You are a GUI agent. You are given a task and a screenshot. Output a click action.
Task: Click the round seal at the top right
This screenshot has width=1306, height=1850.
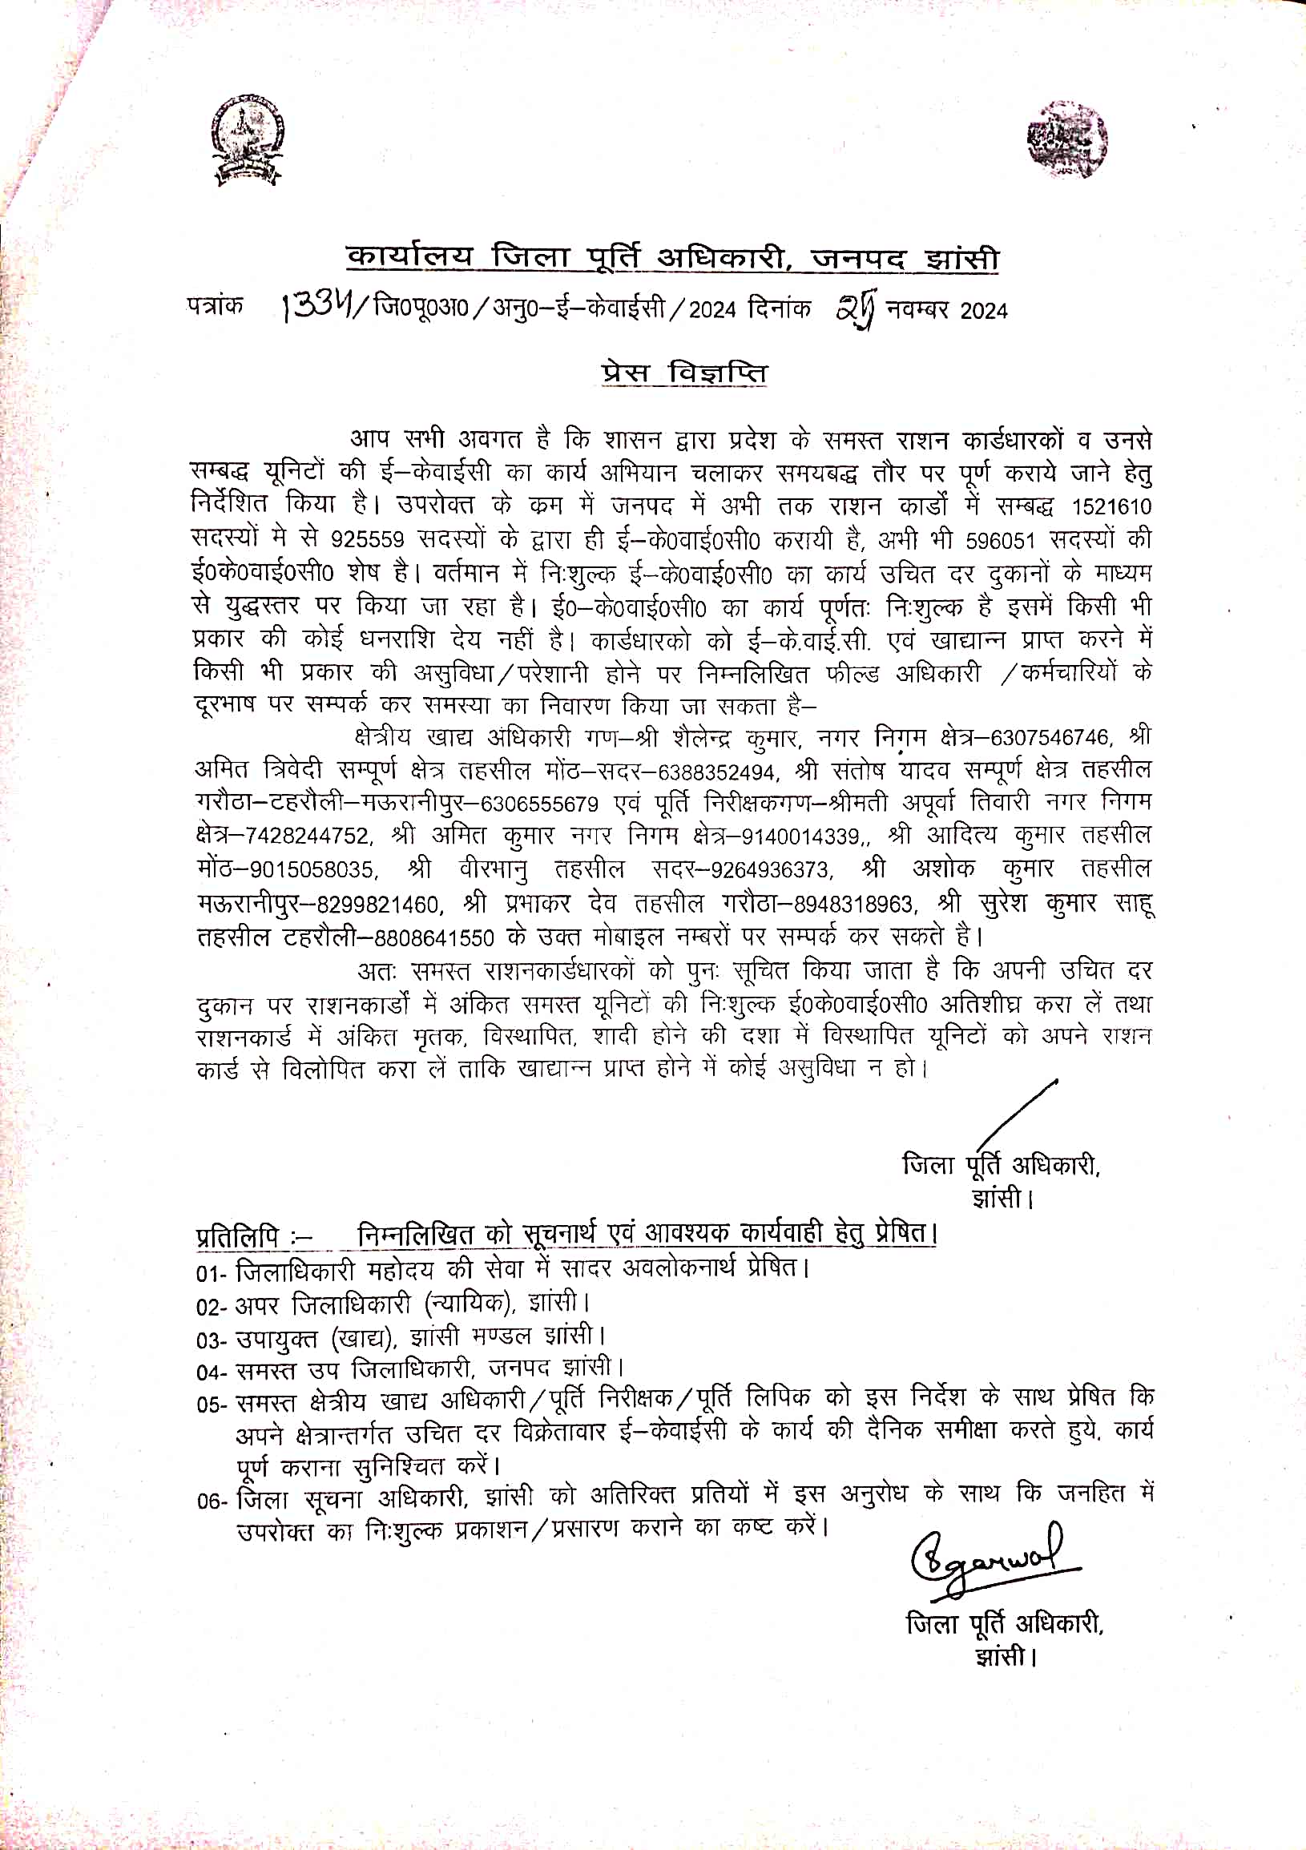coord(1066,139)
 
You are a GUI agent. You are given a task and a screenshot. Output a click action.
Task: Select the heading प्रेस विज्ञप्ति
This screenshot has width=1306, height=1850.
coord(684,373)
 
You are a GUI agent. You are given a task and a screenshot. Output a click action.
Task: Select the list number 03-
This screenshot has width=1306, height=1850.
coord(212,1340)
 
